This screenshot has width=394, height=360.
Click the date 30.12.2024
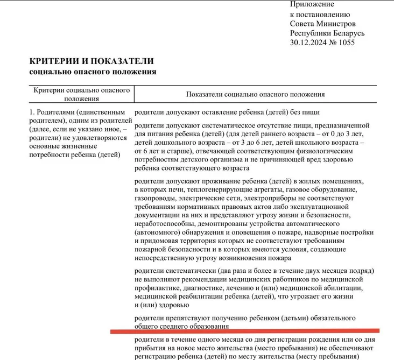click(x=308, y=43)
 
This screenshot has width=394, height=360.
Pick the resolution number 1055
click(x=344, y=43)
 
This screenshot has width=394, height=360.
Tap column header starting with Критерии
click(x=82, y=94)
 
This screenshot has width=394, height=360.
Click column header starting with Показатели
click(x=255, y=94)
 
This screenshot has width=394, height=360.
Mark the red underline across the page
click(x=245, y=331)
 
